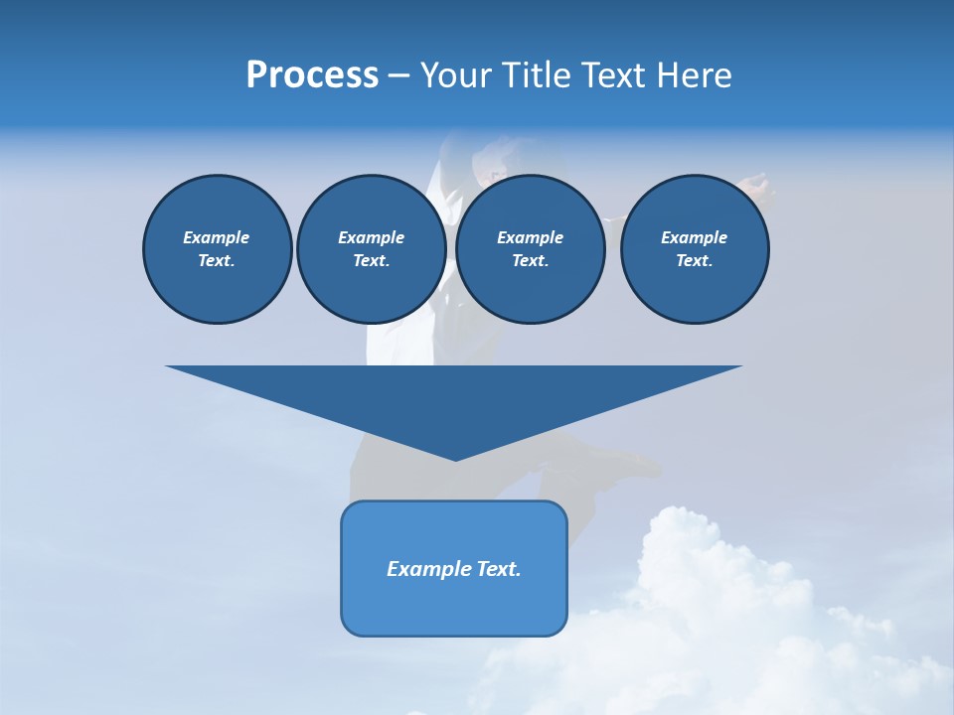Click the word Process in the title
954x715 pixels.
[312, 75]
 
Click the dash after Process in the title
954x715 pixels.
[398, 76]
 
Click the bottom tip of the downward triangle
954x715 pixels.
[455, 458]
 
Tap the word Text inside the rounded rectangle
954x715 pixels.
[498, 569]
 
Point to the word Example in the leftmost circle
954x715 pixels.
[217, 237]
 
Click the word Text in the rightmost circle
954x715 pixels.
[694, 260]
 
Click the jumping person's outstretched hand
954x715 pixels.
[755, 184]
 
